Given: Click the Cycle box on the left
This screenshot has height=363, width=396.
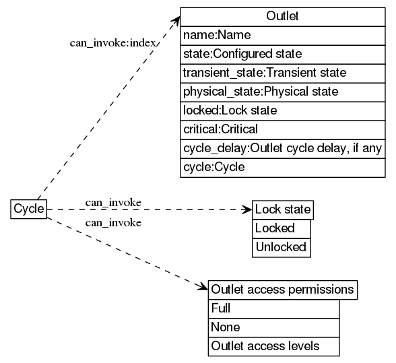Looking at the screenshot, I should pos(29,209).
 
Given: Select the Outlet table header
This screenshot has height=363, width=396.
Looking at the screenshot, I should pos(282,16).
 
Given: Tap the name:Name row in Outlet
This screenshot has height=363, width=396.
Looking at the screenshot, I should pos(282,34).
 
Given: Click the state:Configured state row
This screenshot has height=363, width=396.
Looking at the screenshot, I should pos(282,53).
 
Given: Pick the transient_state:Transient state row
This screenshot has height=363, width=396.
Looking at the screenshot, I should pos(282,72).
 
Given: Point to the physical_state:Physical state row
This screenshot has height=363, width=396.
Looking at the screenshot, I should pos(282,91).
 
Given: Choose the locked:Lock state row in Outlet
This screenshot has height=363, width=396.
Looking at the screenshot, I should pos(282,110).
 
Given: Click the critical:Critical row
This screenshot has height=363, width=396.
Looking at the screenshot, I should pos(282,129).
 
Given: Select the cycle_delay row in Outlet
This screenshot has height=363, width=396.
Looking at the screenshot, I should pos(282,147).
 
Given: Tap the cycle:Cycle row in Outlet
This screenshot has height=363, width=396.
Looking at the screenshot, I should pos(282,166).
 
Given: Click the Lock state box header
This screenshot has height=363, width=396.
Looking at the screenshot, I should pos(283,209).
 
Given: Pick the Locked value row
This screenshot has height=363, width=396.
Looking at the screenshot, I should pos(282,228).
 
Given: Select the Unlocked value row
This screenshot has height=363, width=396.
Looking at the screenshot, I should pos(282,247).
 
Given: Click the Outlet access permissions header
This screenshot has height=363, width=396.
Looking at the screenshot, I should pos(283,290).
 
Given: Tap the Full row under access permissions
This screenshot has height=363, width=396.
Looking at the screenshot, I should pos(273,308).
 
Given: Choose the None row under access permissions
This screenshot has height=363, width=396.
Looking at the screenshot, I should pos(273,327).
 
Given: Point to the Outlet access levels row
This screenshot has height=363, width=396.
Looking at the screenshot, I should pos(273,346).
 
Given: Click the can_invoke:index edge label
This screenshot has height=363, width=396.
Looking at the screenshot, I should pos(113,42).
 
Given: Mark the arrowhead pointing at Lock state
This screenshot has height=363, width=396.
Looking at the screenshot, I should pos(247,209).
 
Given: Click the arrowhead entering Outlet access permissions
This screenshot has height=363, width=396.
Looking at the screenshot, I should pos(203,288).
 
